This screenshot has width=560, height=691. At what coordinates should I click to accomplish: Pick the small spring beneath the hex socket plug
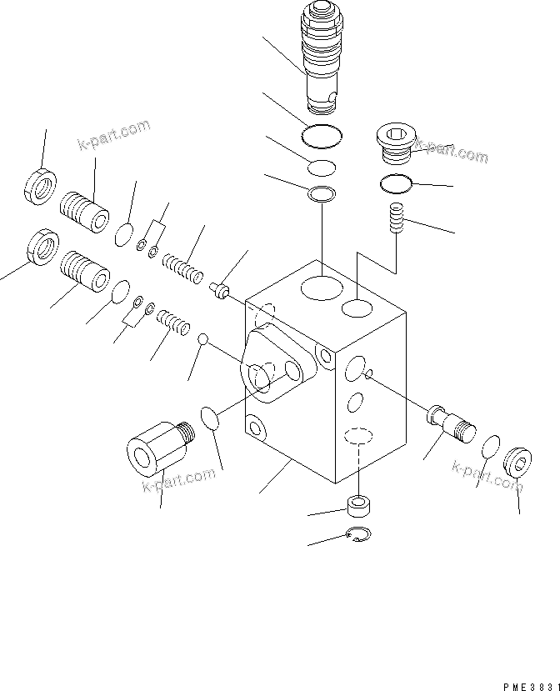click(x=396, y=221)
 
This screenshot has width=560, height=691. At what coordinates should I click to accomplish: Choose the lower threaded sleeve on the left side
click(x=85, y=271)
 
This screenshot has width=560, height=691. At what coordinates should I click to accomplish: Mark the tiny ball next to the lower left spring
click(x=202, y=338)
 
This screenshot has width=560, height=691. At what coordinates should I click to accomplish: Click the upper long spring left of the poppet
click(x=182, y=267)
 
